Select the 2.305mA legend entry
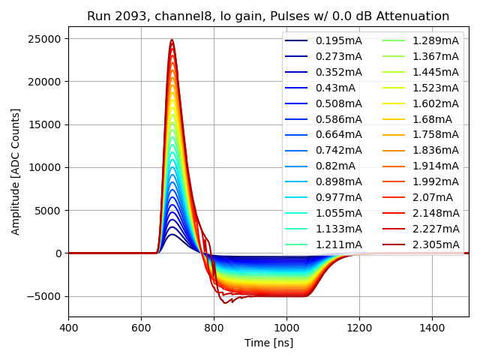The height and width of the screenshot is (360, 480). click(436, 244)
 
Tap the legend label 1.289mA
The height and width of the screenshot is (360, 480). click(436, 40)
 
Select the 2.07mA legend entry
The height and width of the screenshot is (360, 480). click(432, 197)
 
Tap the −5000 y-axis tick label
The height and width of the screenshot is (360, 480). click(45, 296)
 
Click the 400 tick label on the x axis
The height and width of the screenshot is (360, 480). click(68, 328)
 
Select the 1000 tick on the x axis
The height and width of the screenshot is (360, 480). click(286, 328)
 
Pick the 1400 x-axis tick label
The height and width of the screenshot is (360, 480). click(432, 328)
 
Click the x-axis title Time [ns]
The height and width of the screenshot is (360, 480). click(268, 343)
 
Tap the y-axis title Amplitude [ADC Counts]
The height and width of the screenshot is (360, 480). click(16, 172)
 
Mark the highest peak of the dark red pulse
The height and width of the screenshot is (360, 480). click(172, 40)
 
